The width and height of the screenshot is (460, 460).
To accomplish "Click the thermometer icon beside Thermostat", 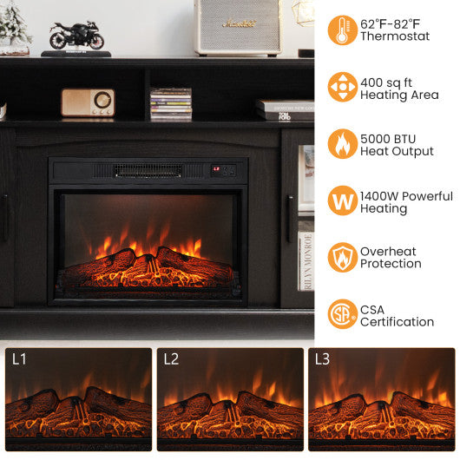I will click(342, 30).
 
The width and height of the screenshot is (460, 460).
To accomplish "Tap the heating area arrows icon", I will click(342, 87).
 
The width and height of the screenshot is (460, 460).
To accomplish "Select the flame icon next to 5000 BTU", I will click(342, 144).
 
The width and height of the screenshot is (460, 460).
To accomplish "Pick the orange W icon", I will click(342, 200).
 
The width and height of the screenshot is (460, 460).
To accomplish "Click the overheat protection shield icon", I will click(342, 257).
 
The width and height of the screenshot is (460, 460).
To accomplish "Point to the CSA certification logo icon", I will click(342, 314).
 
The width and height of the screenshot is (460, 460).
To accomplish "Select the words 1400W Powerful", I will click(406, 194).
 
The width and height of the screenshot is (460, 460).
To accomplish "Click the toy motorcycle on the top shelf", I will click(76, 36).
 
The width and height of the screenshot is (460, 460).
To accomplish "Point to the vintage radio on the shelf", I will click(88, 102).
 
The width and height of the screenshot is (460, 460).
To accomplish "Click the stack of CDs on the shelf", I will click(170, 103).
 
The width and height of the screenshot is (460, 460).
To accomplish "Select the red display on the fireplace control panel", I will click(217, 170).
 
